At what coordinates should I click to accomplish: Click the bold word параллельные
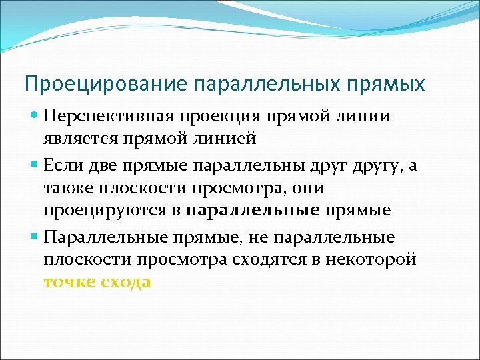tap(253, 211)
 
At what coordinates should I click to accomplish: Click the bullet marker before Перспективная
tap(35, 117)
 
